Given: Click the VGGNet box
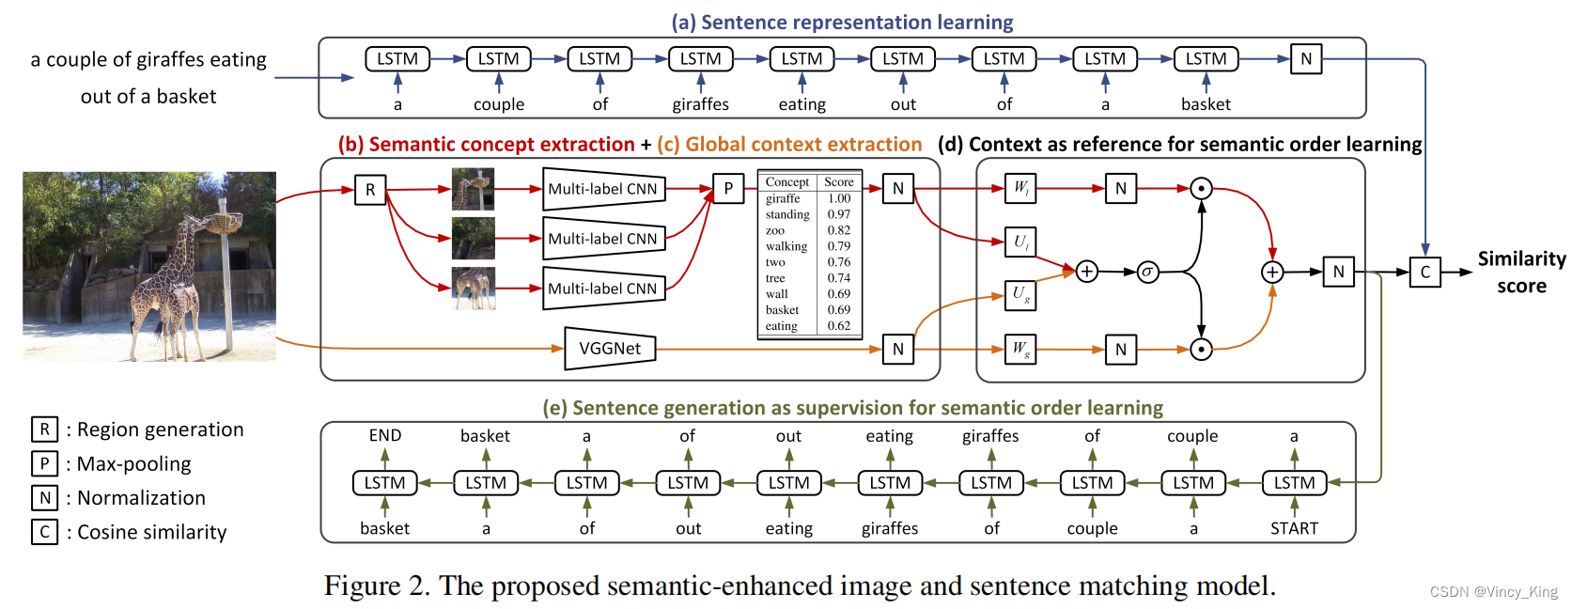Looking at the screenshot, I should tap(610, 349).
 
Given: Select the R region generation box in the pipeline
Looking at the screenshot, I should tap(370, 190).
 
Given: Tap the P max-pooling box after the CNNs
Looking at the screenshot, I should tap(727, 189).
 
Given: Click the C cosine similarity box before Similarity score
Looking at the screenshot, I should tap(1424, 273).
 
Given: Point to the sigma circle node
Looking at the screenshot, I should tap(1147, 273).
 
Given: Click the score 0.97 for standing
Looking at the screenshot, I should tap(838, 214).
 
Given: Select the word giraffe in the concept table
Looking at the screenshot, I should tap(783, 198).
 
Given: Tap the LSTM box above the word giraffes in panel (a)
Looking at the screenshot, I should tap(700, 59).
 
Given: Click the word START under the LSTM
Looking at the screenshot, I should tap(1294, 528).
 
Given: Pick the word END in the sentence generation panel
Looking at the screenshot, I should tap(385, 435).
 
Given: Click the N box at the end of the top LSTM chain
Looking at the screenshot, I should tap(1306, 59).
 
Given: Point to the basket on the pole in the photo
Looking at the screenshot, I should tap(223, 223).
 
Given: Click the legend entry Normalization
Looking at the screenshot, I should tap(141, 498).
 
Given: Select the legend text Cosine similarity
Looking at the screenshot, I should tap(151, 532).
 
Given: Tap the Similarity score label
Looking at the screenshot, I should tap(1521, 272).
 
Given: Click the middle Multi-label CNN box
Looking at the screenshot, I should tap(603, 239).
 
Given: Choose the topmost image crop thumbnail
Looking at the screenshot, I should tap(473, 189).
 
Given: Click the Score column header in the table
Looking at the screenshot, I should tap(838, 182).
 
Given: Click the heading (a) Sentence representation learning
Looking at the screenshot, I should tap(842, 22).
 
